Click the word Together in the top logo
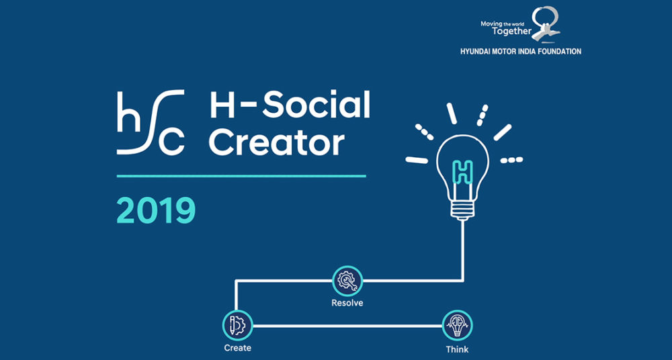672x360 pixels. (511, 32)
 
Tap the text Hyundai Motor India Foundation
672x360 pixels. (521, 52)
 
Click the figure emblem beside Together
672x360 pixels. (546, 24)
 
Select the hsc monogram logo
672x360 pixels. (151, 122)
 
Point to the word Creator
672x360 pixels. (277, 142)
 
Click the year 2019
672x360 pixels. (156, 210)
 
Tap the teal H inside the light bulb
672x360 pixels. (463, 172)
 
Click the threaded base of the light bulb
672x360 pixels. (462, 211)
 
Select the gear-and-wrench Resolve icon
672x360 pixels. (347, 281)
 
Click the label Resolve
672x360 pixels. (347, 303)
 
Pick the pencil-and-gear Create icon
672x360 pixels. (237, 325)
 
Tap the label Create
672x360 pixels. (237, 347)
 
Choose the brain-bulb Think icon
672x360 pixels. (457, 325)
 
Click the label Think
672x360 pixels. (457, 349)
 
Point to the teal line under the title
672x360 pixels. (241, 176)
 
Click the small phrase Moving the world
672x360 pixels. (500, 24)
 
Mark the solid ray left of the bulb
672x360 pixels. (417, 160)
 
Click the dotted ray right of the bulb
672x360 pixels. (511, 160)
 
